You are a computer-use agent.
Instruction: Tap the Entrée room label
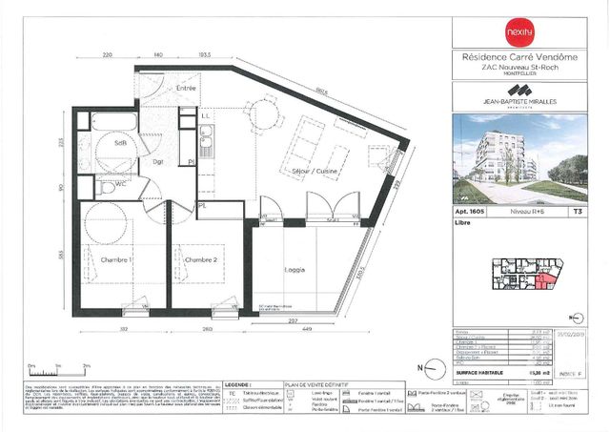185,88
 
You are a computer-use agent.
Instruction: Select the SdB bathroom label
121,143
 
